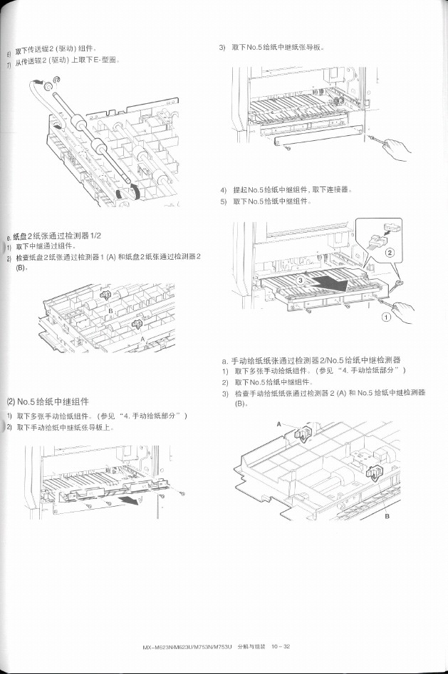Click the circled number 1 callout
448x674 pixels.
coord(386,317)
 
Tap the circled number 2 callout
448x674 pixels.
coord(390,252)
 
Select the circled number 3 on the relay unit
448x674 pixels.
coord(300,281)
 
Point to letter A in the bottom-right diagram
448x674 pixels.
coord(278,424)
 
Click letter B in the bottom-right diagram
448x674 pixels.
coord(387,517)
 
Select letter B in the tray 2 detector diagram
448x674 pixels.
coord(110,312)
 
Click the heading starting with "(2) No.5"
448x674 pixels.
coord(48,401)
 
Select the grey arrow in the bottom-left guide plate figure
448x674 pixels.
coord(129,502)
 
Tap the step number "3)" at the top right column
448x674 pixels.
coord(222,48)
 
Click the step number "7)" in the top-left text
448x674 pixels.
coord(9,62)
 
